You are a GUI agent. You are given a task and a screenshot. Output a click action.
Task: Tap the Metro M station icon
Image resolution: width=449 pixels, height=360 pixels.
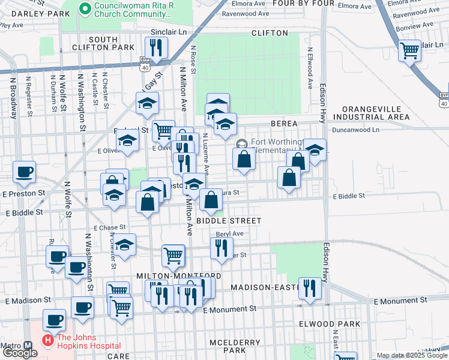click(28, 346)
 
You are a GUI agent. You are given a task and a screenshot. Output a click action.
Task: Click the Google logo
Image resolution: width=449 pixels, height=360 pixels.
click(19, 353)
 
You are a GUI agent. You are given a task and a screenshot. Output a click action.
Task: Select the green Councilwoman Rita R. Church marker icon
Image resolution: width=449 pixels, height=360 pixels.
click(85, 8)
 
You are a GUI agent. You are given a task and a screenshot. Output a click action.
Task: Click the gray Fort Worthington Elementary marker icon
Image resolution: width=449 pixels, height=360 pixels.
click(241, 143)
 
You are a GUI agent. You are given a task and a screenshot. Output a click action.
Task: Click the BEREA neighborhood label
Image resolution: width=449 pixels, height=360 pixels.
click(284, 123)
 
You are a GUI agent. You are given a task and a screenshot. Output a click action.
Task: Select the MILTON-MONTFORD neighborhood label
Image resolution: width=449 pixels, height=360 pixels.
click(171, 275)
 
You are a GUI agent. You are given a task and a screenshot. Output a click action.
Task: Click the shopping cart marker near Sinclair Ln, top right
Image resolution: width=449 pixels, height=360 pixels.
click(409, 50)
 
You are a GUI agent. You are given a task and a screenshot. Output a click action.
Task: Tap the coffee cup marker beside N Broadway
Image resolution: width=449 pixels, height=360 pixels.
click(25, 172)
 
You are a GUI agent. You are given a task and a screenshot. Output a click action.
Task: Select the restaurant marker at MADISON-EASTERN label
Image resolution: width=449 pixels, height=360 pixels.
click(310, 287)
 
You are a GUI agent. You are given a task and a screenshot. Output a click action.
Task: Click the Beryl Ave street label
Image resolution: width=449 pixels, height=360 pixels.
click(230, 233)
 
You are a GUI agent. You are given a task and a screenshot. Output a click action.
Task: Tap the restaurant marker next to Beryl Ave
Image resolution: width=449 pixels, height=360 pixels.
click(221, 247)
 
